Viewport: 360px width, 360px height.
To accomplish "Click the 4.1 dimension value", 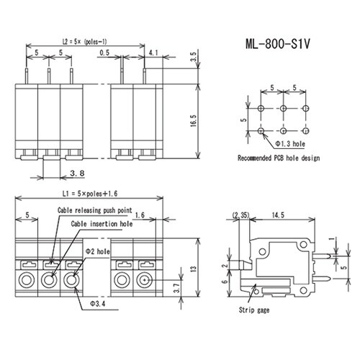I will (x=153, y=53).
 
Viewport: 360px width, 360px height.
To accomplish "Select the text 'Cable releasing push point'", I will (x=95, y=210).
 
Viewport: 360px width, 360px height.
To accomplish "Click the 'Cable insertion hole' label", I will (x=100, y=224).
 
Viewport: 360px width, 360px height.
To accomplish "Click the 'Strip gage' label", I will (x=254, y=310).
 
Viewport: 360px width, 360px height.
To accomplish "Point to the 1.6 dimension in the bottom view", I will (x=139, y=215).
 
